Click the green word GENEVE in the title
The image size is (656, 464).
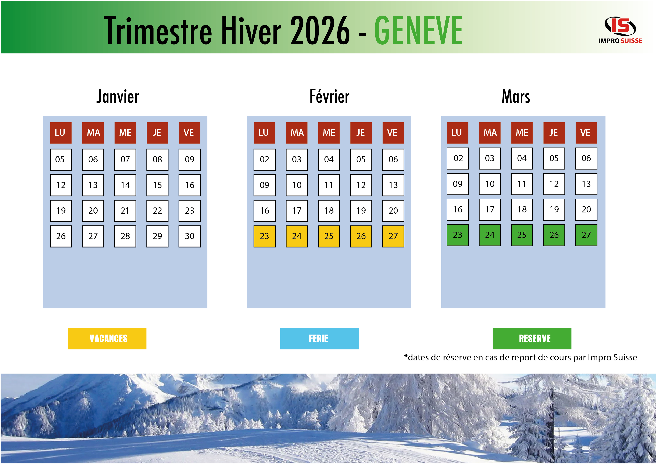pyautogui.click(x=418, y=30)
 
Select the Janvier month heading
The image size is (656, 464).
pyautogui.click(x=117, y=96)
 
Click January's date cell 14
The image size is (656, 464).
pyautogui.click(x=125, y=185)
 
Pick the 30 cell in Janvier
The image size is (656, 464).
pyautogui.click(x=190, y=236)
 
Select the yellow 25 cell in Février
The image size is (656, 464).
pyautogui.click(x=329, y=236)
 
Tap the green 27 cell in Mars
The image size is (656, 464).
pyautogui.click(x=586, y=235)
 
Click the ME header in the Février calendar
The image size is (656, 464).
pyautogui.click(x=329, y=133)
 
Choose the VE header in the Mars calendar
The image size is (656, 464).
pyautogui.click(x=586, y=133)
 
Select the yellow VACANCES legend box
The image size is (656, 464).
pyautogui.click(x=107, y=339)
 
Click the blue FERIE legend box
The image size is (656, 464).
pyautogui.click(x=320, y=339)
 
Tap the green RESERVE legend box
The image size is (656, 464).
pyautogui.click(x=532, y=339)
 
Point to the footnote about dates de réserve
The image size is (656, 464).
pyautogui.click(x=520, y=357)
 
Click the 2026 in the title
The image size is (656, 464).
pyautogui.click(x=320, y=31)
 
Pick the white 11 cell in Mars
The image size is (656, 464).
pyautogui.click(x=522, y=184)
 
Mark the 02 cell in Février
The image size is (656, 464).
pyautogui.click(x=264, y=159)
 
